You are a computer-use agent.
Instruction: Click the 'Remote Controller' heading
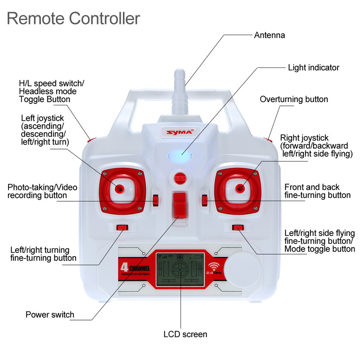(73, 18)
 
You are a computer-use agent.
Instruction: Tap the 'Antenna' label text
(270, 35)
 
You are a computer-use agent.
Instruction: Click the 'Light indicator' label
(314, 67)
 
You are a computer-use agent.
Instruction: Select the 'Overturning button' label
(294, 99)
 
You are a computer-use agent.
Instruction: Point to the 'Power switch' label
(50, 315)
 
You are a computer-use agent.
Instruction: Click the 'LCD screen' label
(185, 334)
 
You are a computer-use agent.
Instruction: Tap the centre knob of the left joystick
(120, 188)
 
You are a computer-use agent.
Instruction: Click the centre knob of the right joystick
(240, 188)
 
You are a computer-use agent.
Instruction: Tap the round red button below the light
(180, 177)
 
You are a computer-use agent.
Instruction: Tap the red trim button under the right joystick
(238, 228)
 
